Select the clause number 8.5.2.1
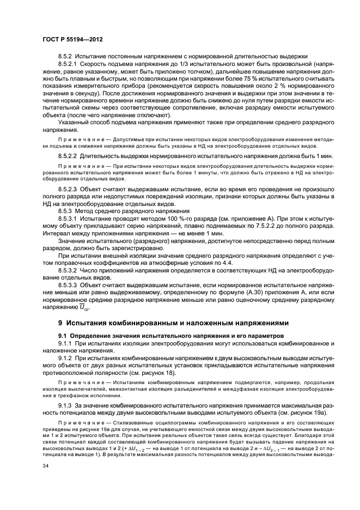(69, 64)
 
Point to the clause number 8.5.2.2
(69, 156)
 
